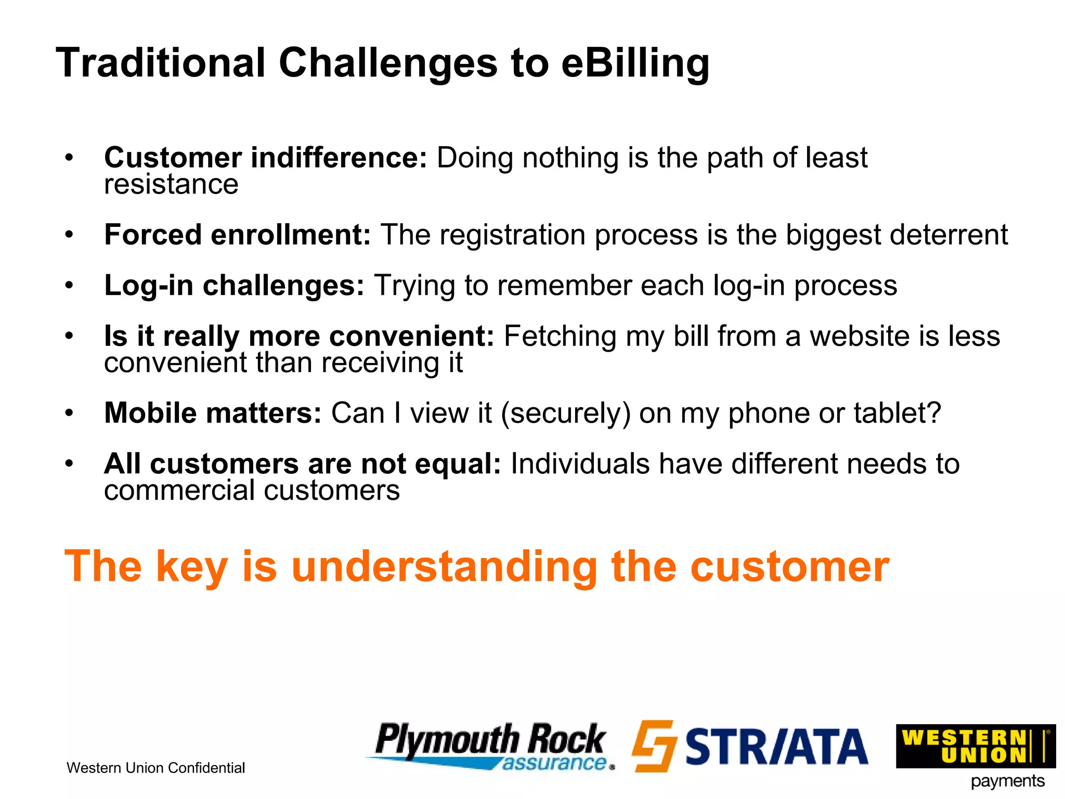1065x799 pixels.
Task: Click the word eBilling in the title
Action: (635, 63)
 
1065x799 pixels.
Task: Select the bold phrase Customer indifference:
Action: (265, 158)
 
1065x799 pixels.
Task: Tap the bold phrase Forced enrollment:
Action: (237, 235)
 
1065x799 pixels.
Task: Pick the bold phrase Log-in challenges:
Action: (234, 286)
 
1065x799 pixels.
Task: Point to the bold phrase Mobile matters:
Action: (213, 413)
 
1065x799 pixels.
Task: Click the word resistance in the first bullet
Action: (171, 184)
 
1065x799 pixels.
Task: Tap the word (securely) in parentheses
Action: (565, 414)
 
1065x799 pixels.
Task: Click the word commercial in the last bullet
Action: (179, 491)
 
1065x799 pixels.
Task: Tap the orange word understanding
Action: (444, 567)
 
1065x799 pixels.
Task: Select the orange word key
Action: (191, 567)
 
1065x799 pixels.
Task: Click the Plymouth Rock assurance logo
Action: (491, 746)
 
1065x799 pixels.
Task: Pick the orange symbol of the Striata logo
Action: (654, 745)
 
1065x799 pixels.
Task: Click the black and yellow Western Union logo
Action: (975, 746)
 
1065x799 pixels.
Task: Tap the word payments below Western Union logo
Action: (1007, 781)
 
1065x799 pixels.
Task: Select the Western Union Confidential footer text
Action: (155, 768)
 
